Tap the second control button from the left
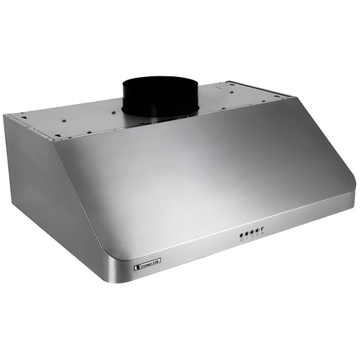tap(246, 234)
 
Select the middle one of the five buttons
tap(251, 233)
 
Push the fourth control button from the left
tap(257, 231)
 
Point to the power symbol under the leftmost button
tap(241, 240)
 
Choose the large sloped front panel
tap(203, 176)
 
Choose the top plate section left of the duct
tap(74, 122)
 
